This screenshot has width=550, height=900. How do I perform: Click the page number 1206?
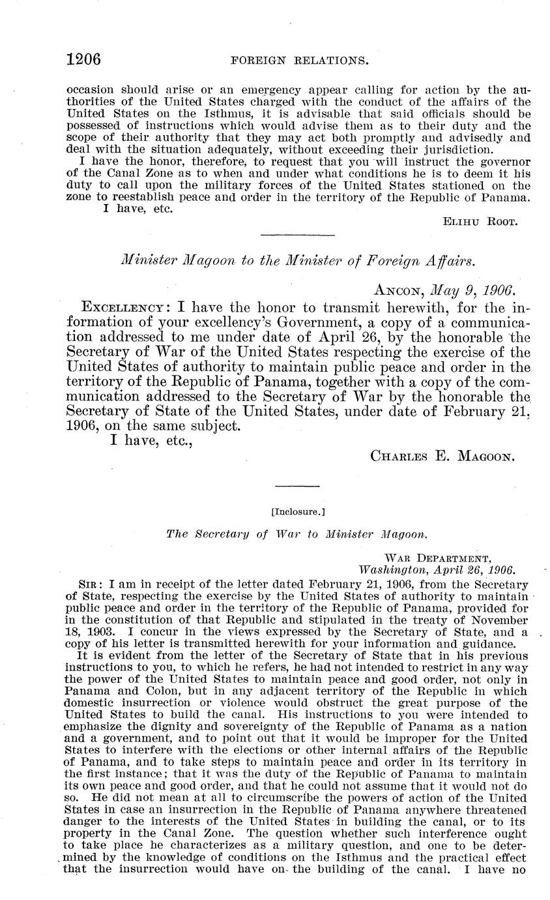[83, 59]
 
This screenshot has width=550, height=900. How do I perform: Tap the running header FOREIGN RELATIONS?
[300, 61]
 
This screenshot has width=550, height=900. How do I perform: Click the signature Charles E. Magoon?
[443, 456]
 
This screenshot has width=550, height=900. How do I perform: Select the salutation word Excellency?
[122, 307]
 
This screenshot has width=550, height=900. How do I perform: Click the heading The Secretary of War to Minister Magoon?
[297, 533]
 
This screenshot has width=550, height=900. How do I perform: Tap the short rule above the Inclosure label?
[297, 486]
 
